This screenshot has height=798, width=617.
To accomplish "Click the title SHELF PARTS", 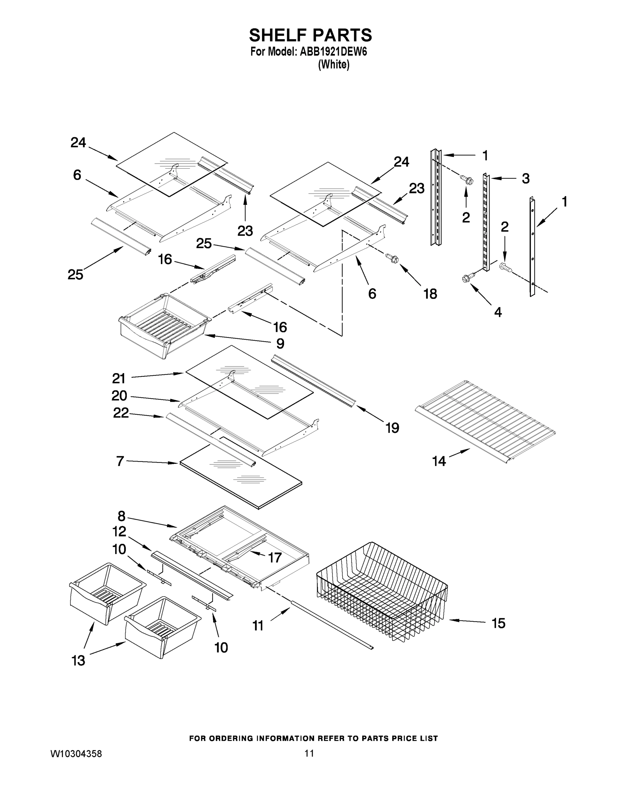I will point(310,36).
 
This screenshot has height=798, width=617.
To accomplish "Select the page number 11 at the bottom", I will point(309,763).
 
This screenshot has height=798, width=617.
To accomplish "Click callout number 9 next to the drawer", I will point(280,343).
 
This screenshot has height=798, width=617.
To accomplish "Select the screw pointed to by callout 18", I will point(392,259).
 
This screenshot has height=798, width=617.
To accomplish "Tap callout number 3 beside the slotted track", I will point(525,179).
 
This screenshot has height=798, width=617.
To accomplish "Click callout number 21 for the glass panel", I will point(119,378).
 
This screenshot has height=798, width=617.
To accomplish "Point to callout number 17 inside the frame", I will point(275,558).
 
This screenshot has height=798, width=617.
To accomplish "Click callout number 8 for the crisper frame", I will point(121,516).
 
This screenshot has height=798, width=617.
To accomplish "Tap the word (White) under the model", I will point(334,65).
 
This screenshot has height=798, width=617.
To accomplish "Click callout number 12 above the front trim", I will point(119,532).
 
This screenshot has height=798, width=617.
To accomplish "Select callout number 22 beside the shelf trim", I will point(121,413).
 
